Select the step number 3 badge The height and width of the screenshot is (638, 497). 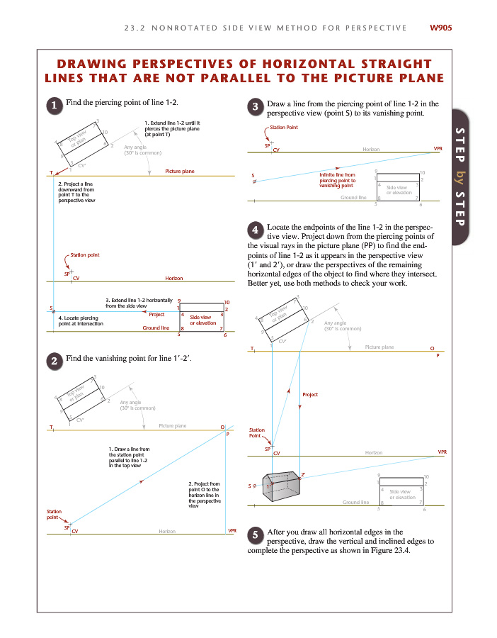[256, 107]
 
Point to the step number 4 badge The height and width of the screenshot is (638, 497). [256, 230]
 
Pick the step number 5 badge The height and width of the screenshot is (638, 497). [256, 535]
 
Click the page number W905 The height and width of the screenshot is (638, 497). [441, 28]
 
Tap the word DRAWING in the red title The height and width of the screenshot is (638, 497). [105, 65]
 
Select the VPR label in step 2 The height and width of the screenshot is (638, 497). [232, 530]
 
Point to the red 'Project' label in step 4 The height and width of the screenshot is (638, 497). [310, 394]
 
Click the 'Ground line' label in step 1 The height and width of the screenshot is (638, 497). [156, 328]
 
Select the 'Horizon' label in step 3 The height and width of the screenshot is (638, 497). [371, 150]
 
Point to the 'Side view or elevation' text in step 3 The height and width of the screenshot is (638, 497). [399, 190]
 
